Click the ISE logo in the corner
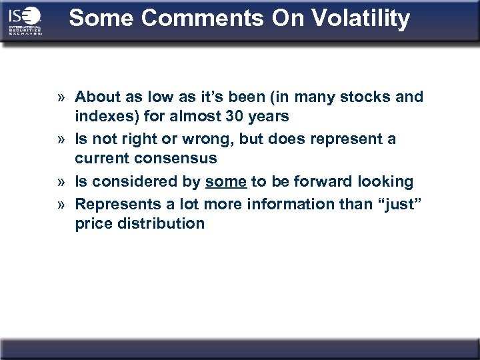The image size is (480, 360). [x=25, y=21]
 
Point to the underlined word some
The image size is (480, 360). [x=226, y=181]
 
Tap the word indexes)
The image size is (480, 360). [x=105, y=117]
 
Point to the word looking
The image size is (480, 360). [x=386, y=181]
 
